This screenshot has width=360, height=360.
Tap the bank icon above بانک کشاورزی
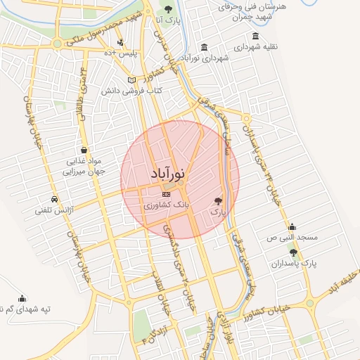tap(166, 194)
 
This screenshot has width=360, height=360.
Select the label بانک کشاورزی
tap(162, 206)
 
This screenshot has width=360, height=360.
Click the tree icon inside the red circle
tap(218, 200)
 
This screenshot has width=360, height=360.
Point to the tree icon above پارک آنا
tap(167, 8)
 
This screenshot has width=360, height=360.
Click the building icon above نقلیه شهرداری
tap(255, 37)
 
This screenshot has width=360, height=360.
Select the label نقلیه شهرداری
tap(256, 47)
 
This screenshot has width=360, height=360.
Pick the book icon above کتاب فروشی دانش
tap(133, 80)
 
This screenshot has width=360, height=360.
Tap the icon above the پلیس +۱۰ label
tap(121, 43)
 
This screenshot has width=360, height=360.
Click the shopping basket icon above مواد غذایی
tap(84, 150)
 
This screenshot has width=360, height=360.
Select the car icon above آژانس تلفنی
tap(55, 198)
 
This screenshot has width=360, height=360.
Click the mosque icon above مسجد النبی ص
tap(292, 227)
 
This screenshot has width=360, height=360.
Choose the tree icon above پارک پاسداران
tap(293, 252)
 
